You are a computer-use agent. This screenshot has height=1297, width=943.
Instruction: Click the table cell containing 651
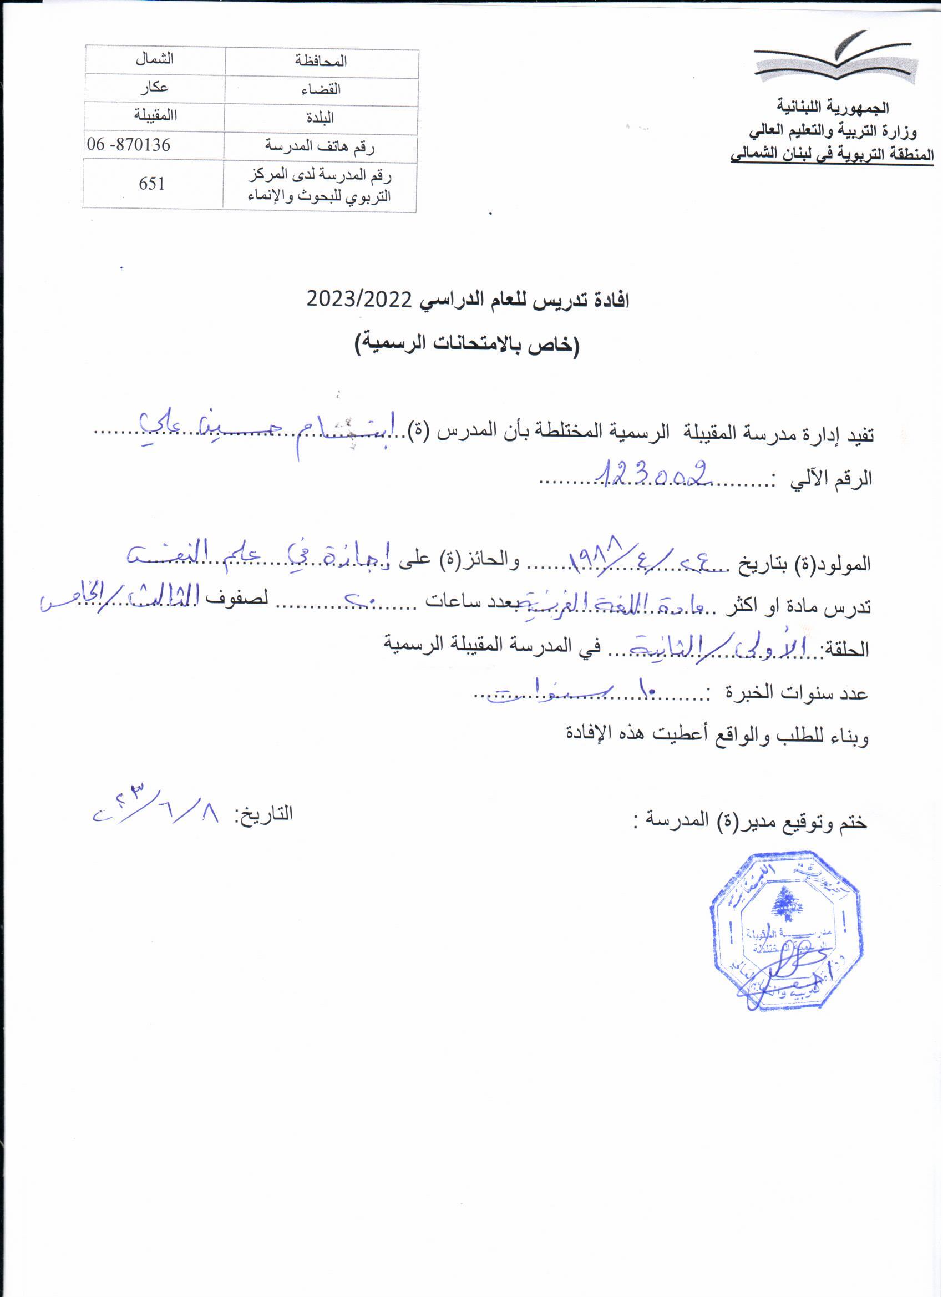click(x=151, y=184)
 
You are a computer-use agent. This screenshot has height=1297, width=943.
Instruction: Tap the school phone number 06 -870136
click(x=129, y=145)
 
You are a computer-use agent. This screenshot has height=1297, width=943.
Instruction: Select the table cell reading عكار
click(x=154, y=87)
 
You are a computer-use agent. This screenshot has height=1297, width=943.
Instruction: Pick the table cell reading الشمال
click(x=154, y=59)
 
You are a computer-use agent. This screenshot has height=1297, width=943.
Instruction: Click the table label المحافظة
click(x=321, y=61)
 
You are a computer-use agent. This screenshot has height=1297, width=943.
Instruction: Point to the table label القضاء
click(x=321, y=89)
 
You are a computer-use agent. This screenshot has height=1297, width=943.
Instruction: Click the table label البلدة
click(x=320, y=118)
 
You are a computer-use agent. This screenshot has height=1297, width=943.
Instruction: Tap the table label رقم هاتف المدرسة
click(x=320, y=147)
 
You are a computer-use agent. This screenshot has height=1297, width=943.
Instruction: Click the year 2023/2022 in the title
click(x=359, y=299)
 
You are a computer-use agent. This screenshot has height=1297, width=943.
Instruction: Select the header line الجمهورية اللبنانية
click(x=833, y=107)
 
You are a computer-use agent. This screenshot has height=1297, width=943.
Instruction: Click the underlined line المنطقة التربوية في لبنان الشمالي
click(x=832, y=154)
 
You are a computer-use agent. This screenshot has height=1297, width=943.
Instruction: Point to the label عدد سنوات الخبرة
click(x=798, y=693)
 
